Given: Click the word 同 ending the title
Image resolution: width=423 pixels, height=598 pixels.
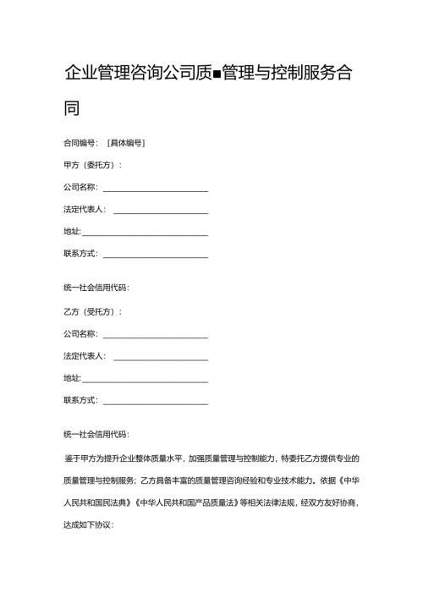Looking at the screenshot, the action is point(72,108).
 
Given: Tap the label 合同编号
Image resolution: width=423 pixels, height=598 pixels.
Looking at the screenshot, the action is point(80,143).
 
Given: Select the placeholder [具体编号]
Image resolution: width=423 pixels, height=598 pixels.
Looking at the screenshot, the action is point(126,143).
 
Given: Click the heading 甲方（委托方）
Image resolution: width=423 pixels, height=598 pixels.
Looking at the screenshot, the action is point(92,165).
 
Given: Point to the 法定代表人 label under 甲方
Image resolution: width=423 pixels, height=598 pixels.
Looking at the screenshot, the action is point(84,210).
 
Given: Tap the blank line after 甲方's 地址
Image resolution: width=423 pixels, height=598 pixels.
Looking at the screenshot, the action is point(145,233).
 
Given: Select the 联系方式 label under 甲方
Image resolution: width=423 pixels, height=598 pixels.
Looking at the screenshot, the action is point(80,255).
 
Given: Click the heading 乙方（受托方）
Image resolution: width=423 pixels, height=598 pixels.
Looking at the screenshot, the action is point(92,312).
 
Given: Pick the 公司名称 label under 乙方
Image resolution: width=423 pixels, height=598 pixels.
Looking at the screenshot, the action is point(80,334).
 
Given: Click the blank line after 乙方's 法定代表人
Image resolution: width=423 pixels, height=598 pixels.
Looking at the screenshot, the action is point(160,357).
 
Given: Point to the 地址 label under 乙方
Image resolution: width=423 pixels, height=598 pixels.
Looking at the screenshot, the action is point(72,378).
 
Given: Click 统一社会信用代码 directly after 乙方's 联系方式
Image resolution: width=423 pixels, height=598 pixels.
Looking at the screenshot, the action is point(96,435).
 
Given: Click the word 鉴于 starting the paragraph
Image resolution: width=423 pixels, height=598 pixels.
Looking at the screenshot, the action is point(73,458).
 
